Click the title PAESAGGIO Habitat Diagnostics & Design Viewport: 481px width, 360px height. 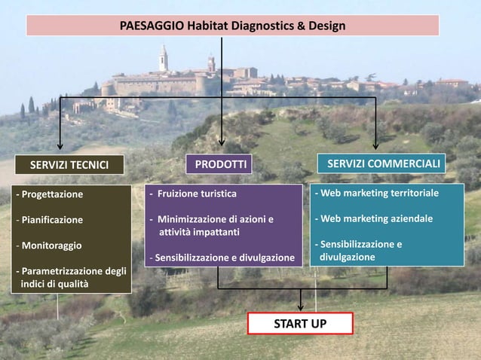(x=232, y=26)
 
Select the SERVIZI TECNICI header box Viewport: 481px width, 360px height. (x=69, y=165)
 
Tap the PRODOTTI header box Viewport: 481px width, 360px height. (x=221, y=164)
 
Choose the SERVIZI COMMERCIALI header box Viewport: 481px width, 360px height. (x=383, y=163)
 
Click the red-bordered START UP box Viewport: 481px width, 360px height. (x=300, y=324)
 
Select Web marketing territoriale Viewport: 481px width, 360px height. (x=377, y=193)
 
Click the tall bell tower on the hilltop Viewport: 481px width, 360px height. (x=163, y=58)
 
